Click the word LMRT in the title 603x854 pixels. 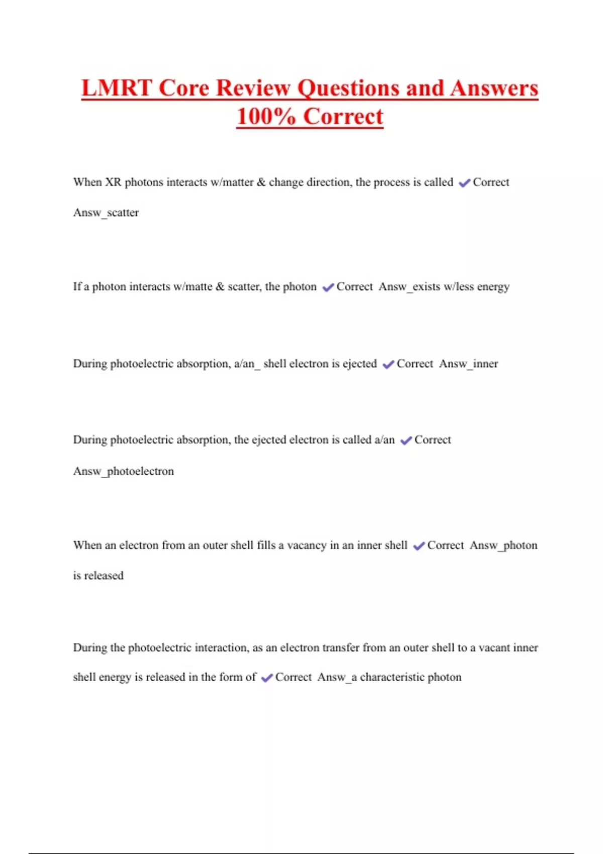click(117, 88)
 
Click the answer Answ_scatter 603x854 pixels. click(106, 212)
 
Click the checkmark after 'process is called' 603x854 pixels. click(464, 183)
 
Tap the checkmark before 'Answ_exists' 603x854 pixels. click(328, 287)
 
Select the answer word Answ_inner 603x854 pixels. click(468, 364)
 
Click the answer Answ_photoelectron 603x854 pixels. click(124, 471)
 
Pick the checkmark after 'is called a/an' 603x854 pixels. click(406, 441)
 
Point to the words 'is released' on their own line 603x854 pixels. click(98, 576)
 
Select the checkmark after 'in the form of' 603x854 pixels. click(267, 678)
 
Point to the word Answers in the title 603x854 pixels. click(494, 88)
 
